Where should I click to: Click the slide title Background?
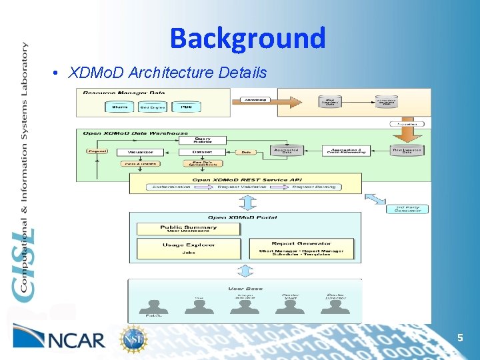(247, 38)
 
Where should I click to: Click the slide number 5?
(460, 339)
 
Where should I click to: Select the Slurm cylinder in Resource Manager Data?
(120, 107)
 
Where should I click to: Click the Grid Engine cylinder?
(153, 107)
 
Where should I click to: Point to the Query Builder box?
(203, 141)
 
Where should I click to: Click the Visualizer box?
(135, 153)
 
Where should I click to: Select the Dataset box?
(203, 153)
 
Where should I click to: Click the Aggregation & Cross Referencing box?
(347, 151)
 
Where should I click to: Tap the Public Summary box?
(189, 229)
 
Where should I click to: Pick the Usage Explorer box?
(189, 248)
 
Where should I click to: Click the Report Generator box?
(301, 248)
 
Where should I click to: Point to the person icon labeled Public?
(154, 306)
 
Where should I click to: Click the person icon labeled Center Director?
(335, 306)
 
